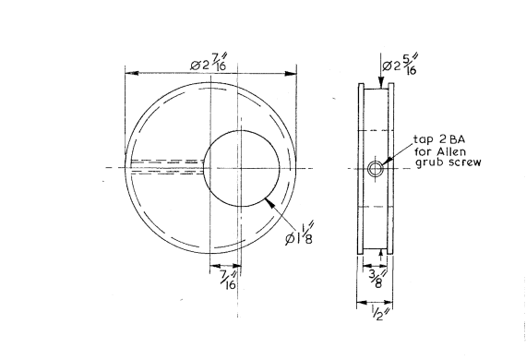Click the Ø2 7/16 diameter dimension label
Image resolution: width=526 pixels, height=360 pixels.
[x=209, y=62]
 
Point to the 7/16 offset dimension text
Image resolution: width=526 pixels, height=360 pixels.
[x=229, y=280]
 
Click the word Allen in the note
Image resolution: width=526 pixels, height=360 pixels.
[x=451, y=151]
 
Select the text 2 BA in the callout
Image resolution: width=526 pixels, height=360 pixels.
[x=451, y=139]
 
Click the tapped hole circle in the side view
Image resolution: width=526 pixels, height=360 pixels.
[x=375, y=168]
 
